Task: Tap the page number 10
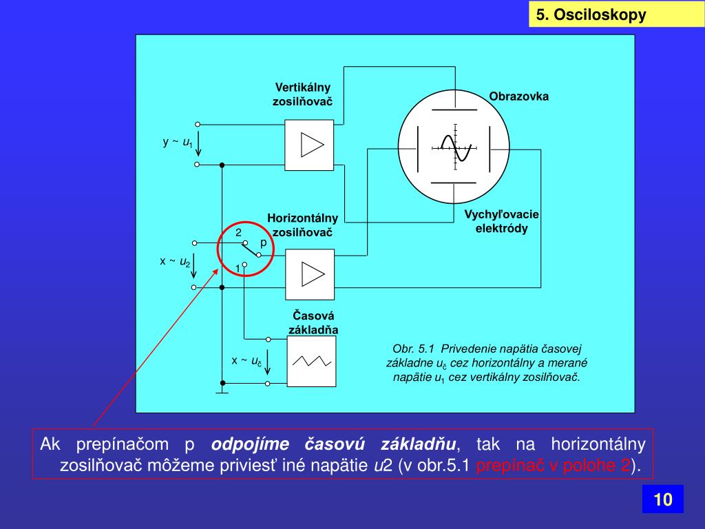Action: tap(662, 499)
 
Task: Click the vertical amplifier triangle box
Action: tap(309, 145)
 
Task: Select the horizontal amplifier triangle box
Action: tap(309, 273)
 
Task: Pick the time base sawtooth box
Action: tap(312, 360)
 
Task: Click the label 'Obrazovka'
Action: tap(519, 96)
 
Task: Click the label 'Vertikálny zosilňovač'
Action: tap(303, 94)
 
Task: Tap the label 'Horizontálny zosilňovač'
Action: tap(303, 225)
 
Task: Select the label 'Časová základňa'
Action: tap(313, 322)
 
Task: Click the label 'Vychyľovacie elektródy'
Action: tap(501, 221)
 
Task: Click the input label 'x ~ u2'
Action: tap(175, 262)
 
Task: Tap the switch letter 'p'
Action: tap(263, 243)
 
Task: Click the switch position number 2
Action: tap(238, 233)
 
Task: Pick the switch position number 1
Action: tap(237, 267)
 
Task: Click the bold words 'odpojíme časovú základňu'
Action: tap(333, 443)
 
